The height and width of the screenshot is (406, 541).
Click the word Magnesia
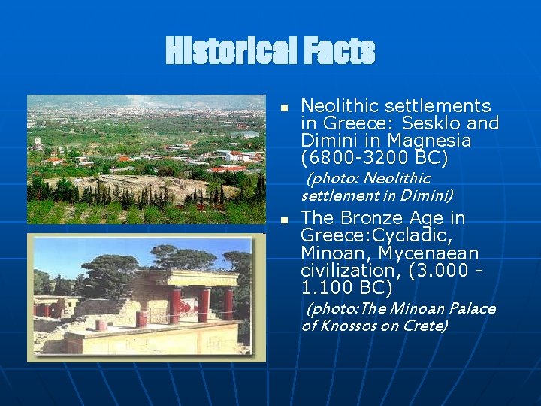pos(435,141)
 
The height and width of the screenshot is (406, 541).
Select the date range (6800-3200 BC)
pos(374,158)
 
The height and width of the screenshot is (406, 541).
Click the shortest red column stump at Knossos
pos(100,325)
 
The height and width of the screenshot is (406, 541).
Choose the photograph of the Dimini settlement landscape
pos(146,159)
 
